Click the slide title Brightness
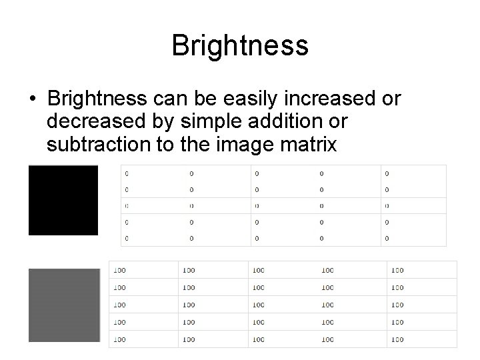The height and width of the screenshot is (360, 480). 240,46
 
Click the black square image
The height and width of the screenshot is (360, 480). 63,200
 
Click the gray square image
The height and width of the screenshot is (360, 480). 64,305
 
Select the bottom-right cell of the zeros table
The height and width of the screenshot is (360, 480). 413,238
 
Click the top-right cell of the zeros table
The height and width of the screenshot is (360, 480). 413,173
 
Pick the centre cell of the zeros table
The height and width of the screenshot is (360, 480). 283,206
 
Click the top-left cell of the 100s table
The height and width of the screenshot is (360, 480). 143,270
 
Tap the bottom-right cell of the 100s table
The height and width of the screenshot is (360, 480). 421,339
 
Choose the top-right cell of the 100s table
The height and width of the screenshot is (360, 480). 421,270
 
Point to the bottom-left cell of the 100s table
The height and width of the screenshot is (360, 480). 143,339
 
